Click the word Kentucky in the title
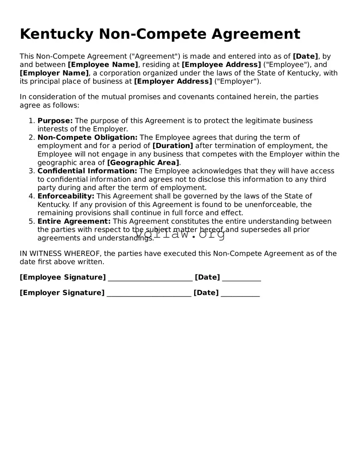point(56,34)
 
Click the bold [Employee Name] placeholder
point(103,65)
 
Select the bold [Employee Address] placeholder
point(221,65)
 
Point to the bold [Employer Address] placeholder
point(173,82)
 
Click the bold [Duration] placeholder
point(173,146)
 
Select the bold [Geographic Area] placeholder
point(143,163)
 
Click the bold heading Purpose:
point(55,121)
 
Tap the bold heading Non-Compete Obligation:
point(87,137)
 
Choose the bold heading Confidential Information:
point(87,171)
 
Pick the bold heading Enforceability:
point(66,196)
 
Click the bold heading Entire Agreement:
point(74,221)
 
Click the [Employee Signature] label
point(63,277)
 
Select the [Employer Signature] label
point(62,293)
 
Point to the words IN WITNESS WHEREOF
point(60,254)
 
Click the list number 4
point(32,196)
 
